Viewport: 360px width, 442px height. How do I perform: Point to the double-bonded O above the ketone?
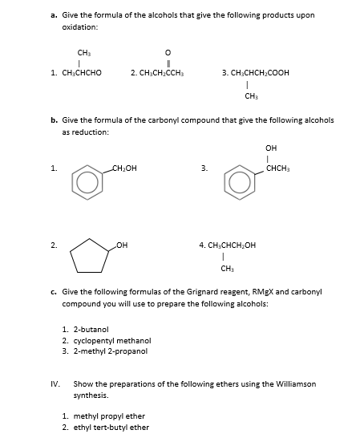click(167, 46)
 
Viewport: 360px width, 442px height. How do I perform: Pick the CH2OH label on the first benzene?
click(124, 168)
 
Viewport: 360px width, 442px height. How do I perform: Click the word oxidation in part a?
click(79, 27)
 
